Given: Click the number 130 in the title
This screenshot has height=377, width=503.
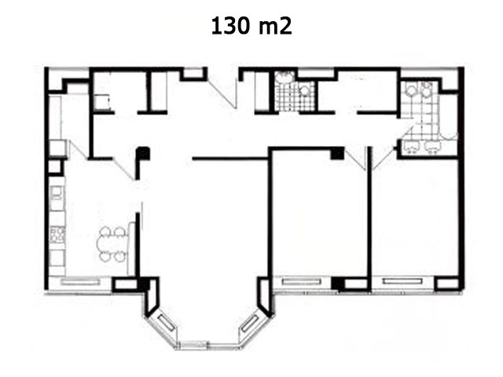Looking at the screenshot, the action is point(230,26).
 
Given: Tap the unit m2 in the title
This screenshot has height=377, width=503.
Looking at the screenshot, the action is point(275,26).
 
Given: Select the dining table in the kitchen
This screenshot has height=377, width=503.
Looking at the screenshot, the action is point(112,243).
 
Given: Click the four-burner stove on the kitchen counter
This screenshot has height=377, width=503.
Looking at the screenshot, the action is point(57,234).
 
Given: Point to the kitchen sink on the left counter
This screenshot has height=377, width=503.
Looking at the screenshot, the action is point(57,193).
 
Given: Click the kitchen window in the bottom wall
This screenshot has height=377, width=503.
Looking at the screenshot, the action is point(80,283).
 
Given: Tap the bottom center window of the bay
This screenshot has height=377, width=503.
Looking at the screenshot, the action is point(193,345).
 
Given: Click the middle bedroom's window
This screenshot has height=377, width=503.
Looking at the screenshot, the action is point(302,282).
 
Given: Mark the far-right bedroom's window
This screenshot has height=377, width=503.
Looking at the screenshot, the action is point(402,281).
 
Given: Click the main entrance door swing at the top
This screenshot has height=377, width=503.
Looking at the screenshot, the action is point(222,91).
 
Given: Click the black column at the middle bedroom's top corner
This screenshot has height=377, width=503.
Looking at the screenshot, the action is point(337,153).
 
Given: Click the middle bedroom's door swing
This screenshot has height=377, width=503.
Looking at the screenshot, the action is point(355,159).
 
